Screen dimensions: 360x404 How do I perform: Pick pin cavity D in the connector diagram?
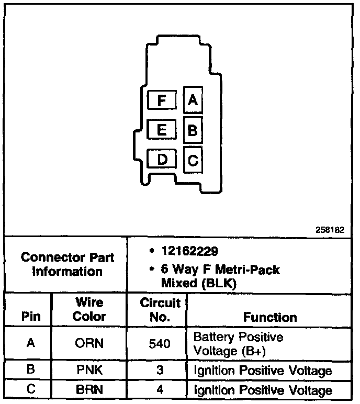163,159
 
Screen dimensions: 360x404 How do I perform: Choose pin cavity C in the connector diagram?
193,160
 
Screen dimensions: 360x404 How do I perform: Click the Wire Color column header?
89,310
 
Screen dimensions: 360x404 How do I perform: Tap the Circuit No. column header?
160,310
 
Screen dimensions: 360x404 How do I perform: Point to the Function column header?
270,317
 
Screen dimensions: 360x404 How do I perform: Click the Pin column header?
31,317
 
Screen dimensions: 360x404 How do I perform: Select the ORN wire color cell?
89,343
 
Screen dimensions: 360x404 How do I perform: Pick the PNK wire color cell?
89,371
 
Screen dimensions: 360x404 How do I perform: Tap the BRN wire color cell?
89,390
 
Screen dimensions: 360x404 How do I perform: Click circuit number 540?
160,343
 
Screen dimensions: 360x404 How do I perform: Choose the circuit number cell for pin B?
160,371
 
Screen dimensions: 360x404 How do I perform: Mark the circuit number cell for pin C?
160,390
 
